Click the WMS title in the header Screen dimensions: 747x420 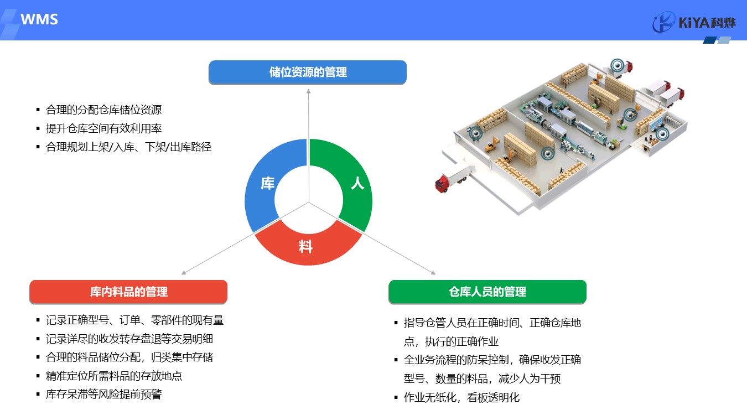point(39,19)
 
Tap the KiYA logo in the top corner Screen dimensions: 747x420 point(694,22)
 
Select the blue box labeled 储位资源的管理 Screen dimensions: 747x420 point(308,72)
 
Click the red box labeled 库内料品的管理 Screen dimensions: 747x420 point(128,292)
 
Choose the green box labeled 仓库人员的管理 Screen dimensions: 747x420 point(487,292)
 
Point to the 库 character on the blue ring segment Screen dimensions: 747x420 point(267,184)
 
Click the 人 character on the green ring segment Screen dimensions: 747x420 point(357,183)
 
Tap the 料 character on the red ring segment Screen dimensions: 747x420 point(305,247)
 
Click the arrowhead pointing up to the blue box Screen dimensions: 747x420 point(308,91)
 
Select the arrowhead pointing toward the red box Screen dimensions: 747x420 point(184,273)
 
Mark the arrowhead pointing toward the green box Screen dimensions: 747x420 point(433,273)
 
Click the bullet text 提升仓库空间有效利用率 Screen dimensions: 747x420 point(103,128)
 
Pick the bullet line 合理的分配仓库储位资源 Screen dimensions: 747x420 point(103,110)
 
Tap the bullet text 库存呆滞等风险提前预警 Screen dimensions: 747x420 point(103,395)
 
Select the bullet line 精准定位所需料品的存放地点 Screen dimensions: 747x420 point(114,376)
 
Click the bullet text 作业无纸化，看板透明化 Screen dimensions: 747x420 point(461,397)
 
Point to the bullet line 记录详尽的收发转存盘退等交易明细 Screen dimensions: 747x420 point(129,339)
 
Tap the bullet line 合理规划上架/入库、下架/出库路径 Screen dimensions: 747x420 point(129,147)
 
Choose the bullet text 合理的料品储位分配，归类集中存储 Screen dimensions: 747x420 point(129,357)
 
